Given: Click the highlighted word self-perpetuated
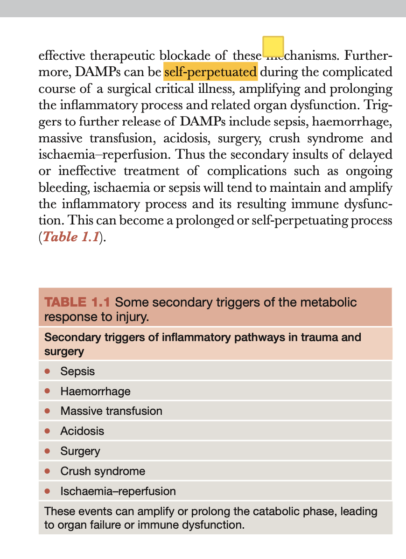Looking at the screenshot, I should tap(210, 72).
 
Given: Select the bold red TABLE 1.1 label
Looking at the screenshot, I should tap(77, 302).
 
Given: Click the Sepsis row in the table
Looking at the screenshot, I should tap(77, 371).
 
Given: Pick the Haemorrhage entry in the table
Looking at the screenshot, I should tap(95, 391).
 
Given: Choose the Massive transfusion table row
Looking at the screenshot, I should tap(111, 411).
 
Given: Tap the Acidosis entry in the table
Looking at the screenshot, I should tap(82, 431).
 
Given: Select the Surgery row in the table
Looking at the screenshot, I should tap(80, 451).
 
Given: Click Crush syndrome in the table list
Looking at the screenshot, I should tap(103, 471).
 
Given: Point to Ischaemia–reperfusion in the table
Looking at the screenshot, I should tap(118, 491).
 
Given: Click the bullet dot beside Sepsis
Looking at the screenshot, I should tap(47, 371).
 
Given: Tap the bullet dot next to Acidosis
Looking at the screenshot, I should tap(47, 431).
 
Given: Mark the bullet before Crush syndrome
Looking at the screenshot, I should tap(47, 471).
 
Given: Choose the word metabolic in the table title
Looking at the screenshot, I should tap(333, 302).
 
